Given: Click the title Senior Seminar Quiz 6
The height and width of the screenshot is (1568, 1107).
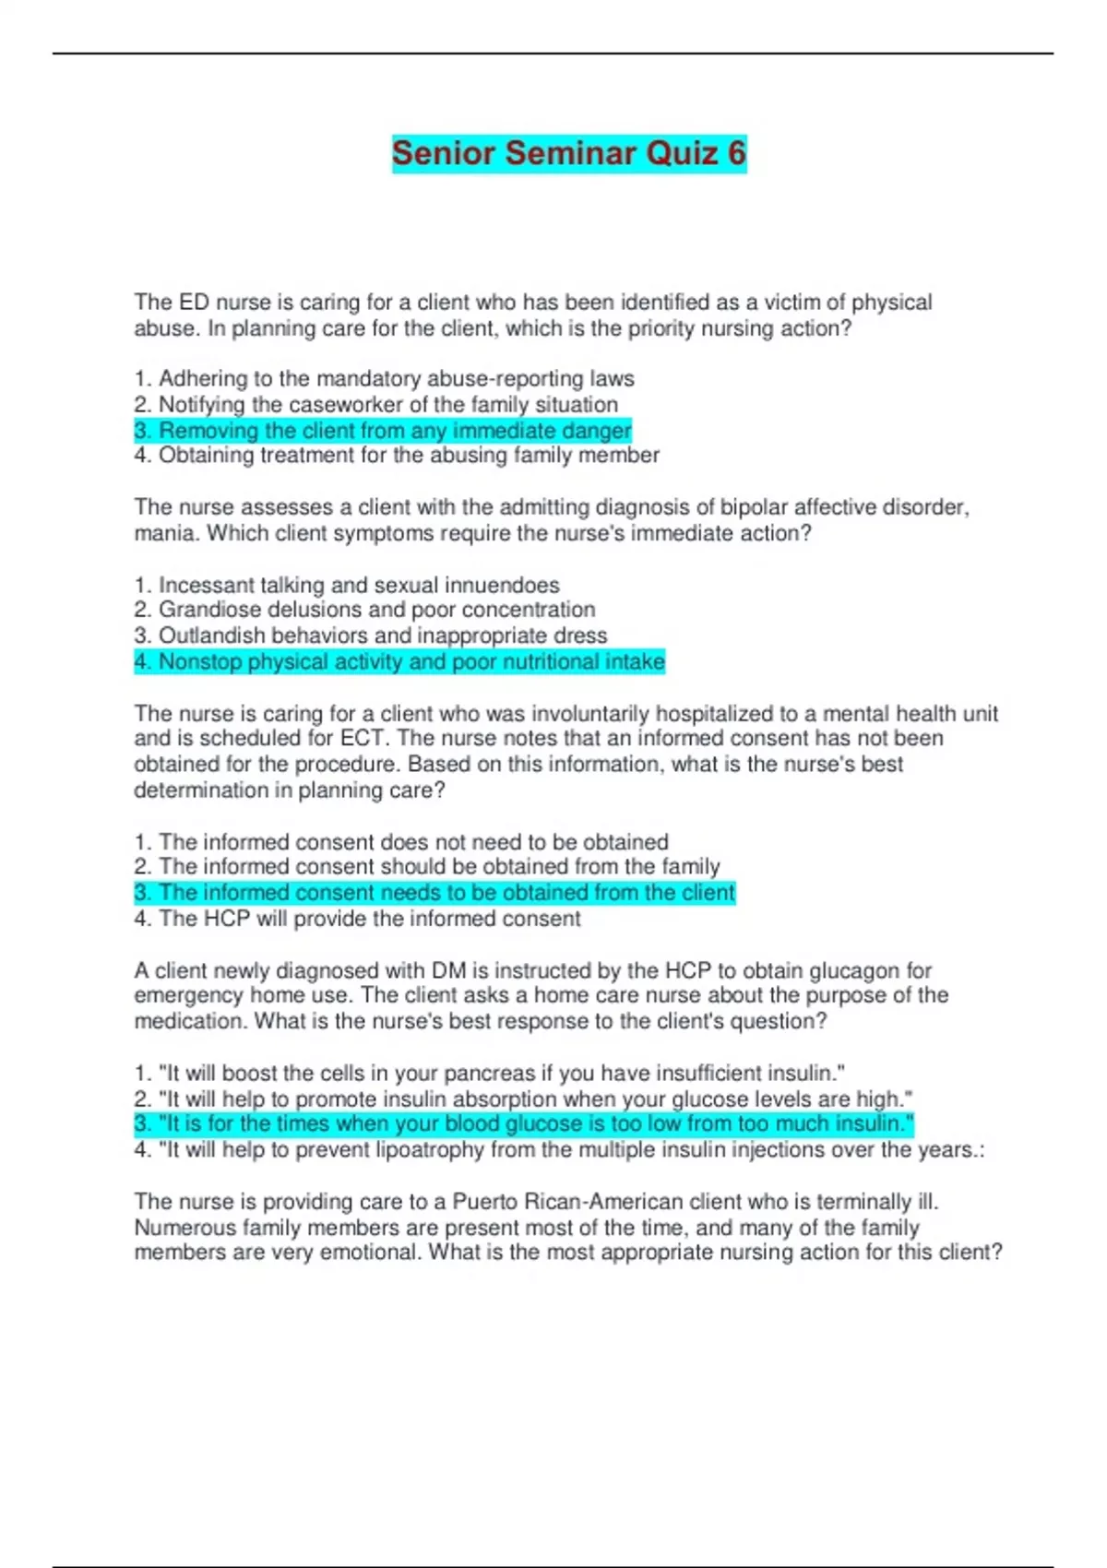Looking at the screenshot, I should (568, 153).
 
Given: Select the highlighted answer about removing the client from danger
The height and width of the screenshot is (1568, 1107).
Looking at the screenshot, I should (383, 431).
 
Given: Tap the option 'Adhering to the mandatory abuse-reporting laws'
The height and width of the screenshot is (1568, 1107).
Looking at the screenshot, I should (385, 379).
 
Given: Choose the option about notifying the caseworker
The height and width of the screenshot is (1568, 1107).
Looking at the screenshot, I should (376, 405).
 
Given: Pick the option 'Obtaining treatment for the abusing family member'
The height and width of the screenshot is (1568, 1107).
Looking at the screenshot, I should (397, 456).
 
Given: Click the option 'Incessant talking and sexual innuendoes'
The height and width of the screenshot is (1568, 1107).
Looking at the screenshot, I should (347, 586).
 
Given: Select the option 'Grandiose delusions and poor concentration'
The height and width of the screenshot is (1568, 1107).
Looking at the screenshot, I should (365, 610).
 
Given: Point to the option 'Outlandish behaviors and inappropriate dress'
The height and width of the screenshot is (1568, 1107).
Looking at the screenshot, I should (371, 636).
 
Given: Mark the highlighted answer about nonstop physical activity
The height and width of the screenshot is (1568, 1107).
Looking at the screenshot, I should (399, 662).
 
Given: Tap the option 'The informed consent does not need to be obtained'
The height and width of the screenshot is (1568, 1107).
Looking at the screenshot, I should (401, 842).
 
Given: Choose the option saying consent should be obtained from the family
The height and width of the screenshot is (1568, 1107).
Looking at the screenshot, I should (427, 867).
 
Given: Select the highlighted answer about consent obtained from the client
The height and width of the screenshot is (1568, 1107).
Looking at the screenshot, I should (434, 893).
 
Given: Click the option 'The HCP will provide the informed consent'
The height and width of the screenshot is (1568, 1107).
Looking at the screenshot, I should (358, 919).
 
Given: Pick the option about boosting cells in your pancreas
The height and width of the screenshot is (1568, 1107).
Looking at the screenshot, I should (490, 1074).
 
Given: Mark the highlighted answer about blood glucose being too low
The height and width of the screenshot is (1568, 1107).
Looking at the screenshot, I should (524, 1124).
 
